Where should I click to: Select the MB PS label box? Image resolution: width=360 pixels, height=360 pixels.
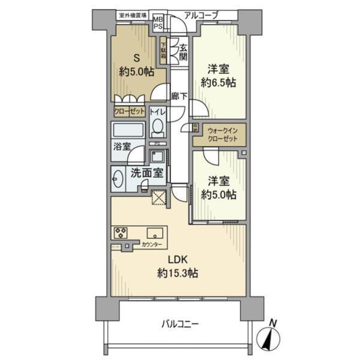(158, 22)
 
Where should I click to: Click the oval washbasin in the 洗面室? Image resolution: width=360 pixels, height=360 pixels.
(118, 178)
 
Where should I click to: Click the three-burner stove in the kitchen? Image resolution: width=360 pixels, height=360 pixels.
(120, 233)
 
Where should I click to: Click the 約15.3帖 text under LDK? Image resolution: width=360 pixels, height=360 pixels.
(178, 273)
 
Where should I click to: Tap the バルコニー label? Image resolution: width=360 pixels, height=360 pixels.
(180, 324)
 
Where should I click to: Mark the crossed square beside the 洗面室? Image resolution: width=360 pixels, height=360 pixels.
(159, 197)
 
